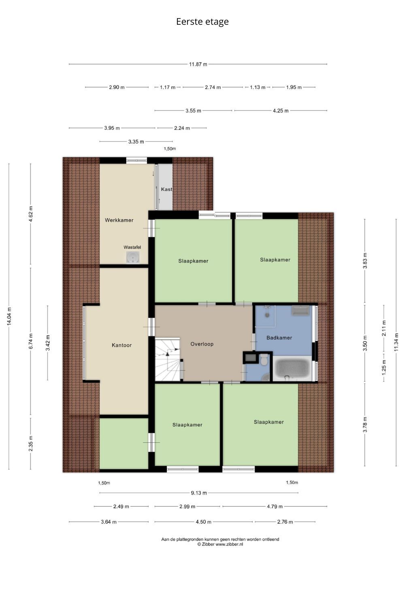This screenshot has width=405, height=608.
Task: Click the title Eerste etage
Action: tap(202, 22)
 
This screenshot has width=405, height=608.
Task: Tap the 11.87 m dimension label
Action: tap(198, 64)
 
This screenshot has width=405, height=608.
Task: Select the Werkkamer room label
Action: tap(119, 220)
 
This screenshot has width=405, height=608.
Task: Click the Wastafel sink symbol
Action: tap(133, 257)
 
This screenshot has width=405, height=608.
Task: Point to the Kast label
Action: tap(166, 189)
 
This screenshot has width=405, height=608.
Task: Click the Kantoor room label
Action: tap(122, 345)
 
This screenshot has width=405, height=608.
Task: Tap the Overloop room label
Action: tap(202, 344)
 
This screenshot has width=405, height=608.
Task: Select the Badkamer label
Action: tap(279, 338)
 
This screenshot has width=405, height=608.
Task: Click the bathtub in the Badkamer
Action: tap(292, 368)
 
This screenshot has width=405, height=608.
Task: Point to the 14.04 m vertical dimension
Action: tap(9, 317)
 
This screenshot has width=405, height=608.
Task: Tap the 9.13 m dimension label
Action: tap(199, 493)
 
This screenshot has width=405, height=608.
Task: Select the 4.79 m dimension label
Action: tap(275, 507)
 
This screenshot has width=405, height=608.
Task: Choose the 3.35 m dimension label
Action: tap(136, 141)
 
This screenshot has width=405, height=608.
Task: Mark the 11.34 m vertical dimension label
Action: tap(396, 342)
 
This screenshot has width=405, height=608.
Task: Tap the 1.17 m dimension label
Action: tap(167, 88)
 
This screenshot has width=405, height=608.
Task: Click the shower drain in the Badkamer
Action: tap(267, 315)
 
